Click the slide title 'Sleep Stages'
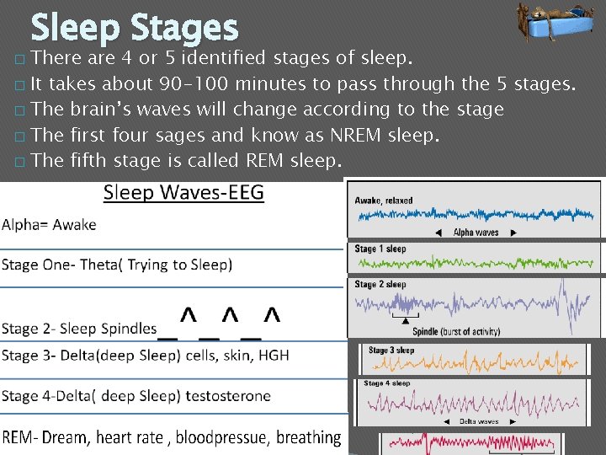click(x=135, y=28)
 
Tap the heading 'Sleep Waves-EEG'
click(x=183, y=193)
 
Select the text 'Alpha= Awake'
click(x=49, y=224)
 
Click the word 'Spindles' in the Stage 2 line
click(x=127, y=328)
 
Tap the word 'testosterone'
click(x=228, y=395)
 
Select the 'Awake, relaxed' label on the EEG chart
click(x=384, y=201)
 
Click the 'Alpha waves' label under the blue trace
click(x=476, y=233)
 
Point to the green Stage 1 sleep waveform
click(x=476, y=262)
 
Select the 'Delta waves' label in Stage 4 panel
click(x=478, y=421)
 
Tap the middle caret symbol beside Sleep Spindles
click(x=231, y=316)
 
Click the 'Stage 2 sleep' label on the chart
click(x=380, y=284)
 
